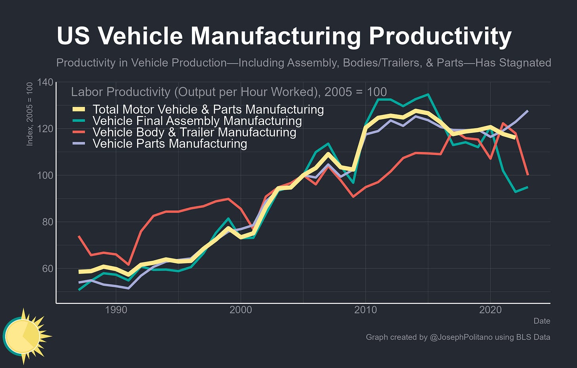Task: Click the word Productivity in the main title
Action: click(440, 36)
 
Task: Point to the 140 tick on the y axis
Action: click(45, 82)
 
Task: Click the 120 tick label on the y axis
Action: click(45, 129)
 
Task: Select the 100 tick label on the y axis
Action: click(45, 175)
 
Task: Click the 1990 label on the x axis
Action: click(116, 310)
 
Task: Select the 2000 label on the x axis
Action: click(241, 310)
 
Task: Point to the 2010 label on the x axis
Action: click(365, 310)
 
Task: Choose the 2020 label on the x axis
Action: click(490, 310)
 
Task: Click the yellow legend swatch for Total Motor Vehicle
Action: click(79, 109)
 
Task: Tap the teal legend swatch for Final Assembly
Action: click(79, 121)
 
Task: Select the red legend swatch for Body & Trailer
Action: click(79, 132)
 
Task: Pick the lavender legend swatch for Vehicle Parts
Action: click(79, 144)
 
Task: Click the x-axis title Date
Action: click(542, 321)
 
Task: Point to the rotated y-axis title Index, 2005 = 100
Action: click(30, 114)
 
